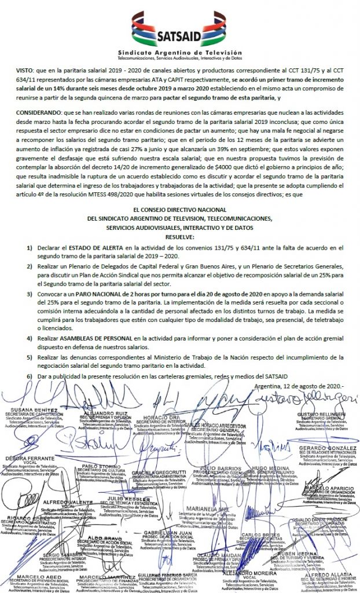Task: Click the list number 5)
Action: click(x=30, y=358)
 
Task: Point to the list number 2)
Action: click(x=30, y=266)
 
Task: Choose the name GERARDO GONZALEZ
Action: click(x=325, y=449)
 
